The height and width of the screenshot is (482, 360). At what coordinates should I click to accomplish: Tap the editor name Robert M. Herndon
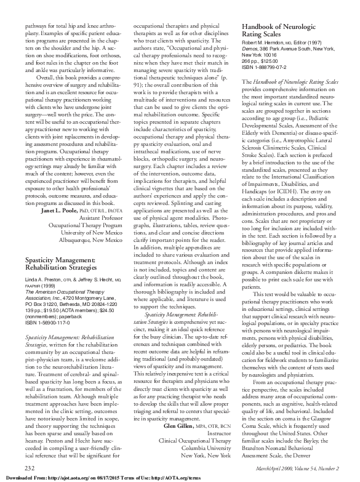(267, 43)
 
